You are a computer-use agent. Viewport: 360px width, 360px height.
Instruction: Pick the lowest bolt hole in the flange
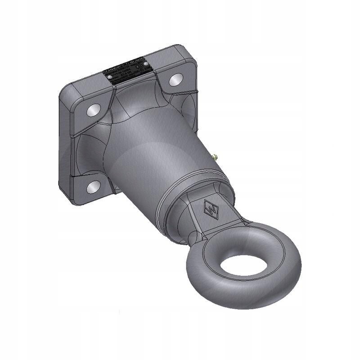click(94, 185)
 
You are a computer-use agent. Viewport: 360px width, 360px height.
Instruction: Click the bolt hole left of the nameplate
click(94, 109)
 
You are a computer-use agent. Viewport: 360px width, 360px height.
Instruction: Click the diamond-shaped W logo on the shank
click(211, 208)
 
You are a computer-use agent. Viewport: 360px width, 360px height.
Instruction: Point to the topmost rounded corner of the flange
click(179, 48)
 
